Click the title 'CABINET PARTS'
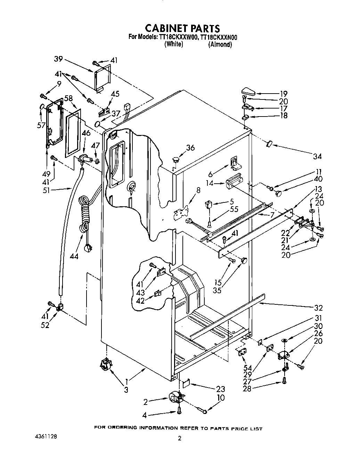(x=182, y=28)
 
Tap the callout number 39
(x=58, y=59)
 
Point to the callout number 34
(x=317, y=156)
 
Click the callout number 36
(x=190, y=147)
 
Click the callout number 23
(x=220, y=389)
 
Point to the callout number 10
(x=220, y=398)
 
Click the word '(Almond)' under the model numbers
(x=220, y=45)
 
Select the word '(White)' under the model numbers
(x=173, y=44)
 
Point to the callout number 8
(x=198, y=190)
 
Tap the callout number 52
(x=45, y=325)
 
